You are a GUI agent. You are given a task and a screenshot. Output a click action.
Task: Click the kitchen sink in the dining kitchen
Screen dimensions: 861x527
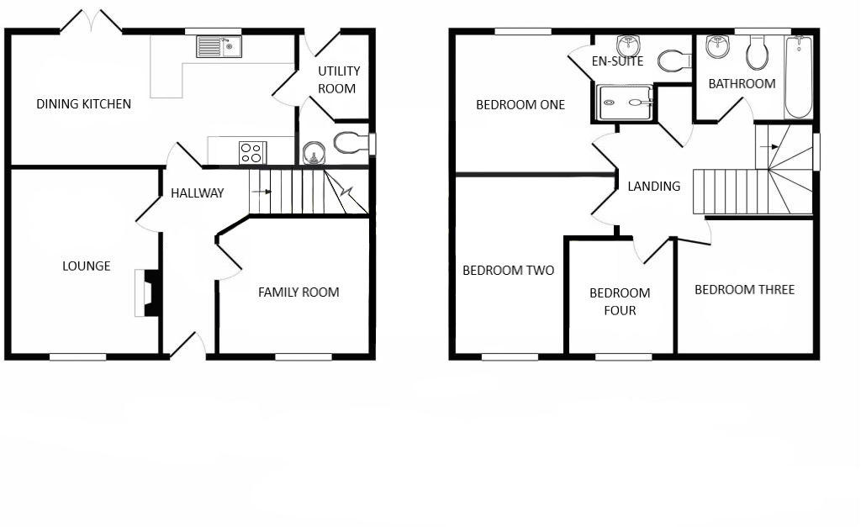(x=219, y=47)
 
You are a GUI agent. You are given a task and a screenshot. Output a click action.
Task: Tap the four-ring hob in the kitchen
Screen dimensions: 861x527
(x=252, y=153)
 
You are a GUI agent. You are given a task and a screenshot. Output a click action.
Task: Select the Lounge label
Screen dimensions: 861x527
(x=87, y=266)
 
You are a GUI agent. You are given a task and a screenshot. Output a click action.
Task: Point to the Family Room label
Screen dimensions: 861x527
(x=298, y=292)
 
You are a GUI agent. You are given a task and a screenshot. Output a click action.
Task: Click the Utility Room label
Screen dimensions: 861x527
(x=339, y=80)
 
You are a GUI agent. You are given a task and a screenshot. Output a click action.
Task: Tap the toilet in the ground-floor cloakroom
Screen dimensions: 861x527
(x=351, y=143)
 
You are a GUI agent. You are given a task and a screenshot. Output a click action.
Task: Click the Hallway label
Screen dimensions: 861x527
(x=197, y=193)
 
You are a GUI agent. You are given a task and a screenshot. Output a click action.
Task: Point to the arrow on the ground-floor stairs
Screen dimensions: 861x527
(x=261, y=192)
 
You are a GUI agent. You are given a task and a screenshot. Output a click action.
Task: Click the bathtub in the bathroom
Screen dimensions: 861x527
(x=799, y=76)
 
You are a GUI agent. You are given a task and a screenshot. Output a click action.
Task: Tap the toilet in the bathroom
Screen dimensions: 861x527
(x=758, y=53)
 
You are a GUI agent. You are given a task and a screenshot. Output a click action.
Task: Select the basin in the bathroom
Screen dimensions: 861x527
(x=718, y=47)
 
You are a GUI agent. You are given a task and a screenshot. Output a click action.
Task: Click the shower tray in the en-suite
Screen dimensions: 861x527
(x=625, y=102)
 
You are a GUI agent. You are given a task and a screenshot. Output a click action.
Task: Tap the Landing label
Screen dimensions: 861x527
(x=654, y=187)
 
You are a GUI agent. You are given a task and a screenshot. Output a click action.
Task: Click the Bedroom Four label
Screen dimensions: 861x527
(x=620, y=302)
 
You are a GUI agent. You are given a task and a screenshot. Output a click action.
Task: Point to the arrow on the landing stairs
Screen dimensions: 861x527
(x=769, y=146)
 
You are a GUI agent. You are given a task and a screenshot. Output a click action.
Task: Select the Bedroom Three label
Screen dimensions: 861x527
(x=745, y=290)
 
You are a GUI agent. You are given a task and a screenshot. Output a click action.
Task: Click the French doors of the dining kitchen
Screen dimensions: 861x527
(x=91, y=22)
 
